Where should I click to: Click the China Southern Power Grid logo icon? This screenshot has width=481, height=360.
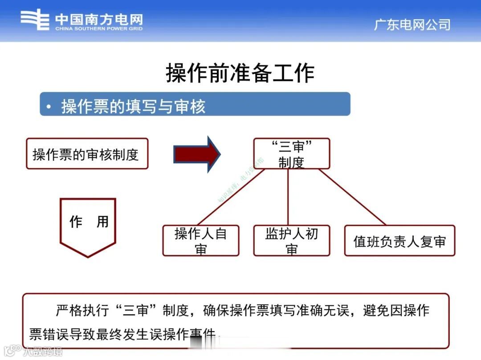pyautogui.click(x=35, y=20)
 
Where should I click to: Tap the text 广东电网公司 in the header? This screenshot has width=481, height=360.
pyautogui.click(x=412, y=24)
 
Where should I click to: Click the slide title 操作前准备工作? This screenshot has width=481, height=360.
pyautogui.click(x=240, y=73)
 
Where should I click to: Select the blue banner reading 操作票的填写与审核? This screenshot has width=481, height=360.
pyautogui.click(x=195, y=104)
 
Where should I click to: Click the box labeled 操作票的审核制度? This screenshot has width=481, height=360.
pyautogui.click(x=87, y=154)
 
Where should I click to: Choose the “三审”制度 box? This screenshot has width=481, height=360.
pyautogui.click(x=291, y=154)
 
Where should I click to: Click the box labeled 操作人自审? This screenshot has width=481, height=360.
pyautogui.click(x=200, y=240)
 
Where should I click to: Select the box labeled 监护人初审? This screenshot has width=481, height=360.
pyautogui.click(x=291, y=240)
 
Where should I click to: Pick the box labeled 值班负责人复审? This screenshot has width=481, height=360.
pyautogui.click(x=399, y=241)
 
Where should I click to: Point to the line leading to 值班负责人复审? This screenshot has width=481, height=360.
pyautogui.click(x=352, y=197)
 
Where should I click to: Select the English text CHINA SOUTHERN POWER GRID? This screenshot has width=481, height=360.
pyautogui.click(x=99, y=29)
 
